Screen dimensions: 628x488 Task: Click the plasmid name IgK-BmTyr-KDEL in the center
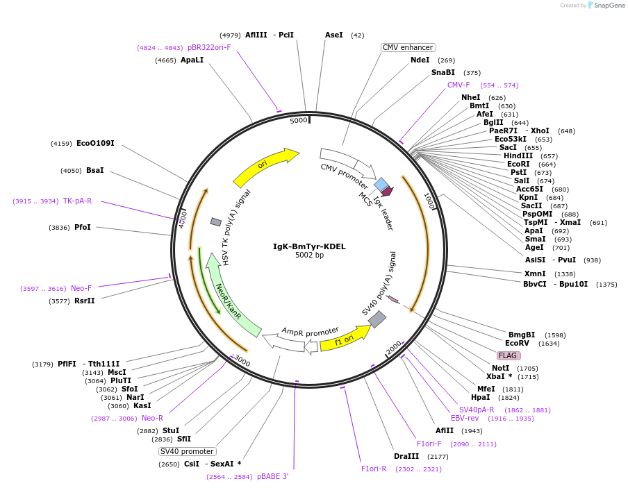(x=309, y=246)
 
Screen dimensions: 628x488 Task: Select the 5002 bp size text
(x=309, y=255)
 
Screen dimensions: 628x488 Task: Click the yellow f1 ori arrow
(x=345, y=338)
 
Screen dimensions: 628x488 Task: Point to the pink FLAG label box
(x=508, y=355)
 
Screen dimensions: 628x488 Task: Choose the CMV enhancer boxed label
(x=408, y=47)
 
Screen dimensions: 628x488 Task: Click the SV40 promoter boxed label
(x=186, y=451)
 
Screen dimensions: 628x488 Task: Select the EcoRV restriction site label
(x=518, y=344)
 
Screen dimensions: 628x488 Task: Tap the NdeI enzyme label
(x=420, y=60)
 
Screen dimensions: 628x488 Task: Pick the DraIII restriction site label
(x=406, y=457)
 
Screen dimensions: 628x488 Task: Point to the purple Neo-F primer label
(x=81, y=288)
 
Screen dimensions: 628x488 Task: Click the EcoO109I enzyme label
(x=95, y=144)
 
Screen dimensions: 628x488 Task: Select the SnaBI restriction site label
(x=443, y=73)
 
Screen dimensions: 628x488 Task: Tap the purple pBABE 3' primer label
(x=272, y=477)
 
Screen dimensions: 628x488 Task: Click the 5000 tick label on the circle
(x=299, y=121)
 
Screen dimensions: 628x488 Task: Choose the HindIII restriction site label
(x=518, y=155)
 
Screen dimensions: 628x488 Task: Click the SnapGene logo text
(x=609, y=6)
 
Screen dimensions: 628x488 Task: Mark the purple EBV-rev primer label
(x=465, y=419)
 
